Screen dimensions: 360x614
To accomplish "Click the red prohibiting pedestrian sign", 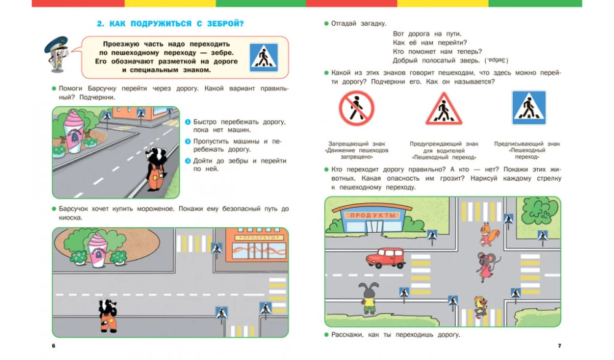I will [356, 109].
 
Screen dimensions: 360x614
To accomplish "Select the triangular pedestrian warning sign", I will [440, 109].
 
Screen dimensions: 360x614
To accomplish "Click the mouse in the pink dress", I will [487, 265].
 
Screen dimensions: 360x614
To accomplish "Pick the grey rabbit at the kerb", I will [368, 298].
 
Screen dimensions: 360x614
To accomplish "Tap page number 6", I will [55, 346].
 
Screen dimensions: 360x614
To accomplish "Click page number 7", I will [559, 346].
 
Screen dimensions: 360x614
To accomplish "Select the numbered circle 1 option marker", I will [188, 122].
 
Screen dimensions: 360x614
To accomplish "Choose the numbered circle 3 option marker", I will [188, 161].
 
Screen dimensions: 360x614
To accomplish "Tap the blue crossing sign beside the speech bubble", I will [263, 57].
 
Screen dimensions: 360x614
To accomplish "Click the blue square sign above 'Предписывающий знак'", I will [529, 108].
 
